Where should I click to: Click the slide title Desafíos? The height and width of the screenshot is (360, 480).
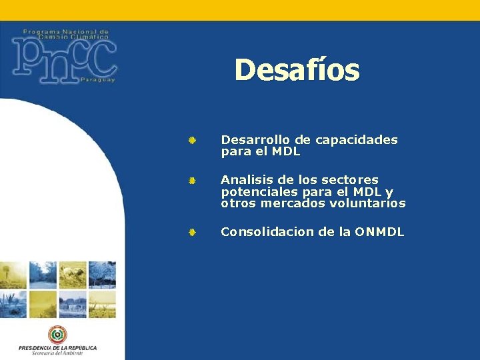(297, 70)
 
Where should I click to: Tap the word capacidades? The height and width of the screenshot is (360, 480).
(356, 140)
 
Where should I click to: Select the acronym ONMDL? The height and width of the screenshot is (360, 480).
(379, 232)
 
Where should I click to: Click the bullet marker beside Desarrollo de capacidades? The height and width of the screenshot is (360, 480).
(191, 141)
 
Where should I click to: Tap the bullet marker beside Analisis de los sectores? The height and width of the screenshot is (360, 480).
(191, 181)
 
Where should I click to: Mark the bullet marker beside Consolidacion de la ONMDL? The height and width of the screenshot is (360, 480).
(191, 233)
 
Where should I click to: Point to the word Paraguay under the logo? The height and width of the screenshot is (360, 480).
(97, 80)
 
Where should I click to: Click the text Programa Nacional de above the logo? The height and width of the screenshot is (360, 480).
(65, 31)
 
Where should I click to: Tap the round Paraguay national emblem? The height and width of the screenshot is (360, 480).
(57, 335)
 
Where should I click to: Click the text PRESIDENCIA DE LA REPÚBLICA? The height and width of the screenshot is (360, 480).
(57, 347)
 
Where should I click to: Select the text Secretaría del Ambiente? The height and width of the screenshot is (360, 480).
(57, 353)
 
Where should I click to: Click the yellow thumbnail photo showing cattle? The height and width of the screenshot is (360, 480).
(73, 274)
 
